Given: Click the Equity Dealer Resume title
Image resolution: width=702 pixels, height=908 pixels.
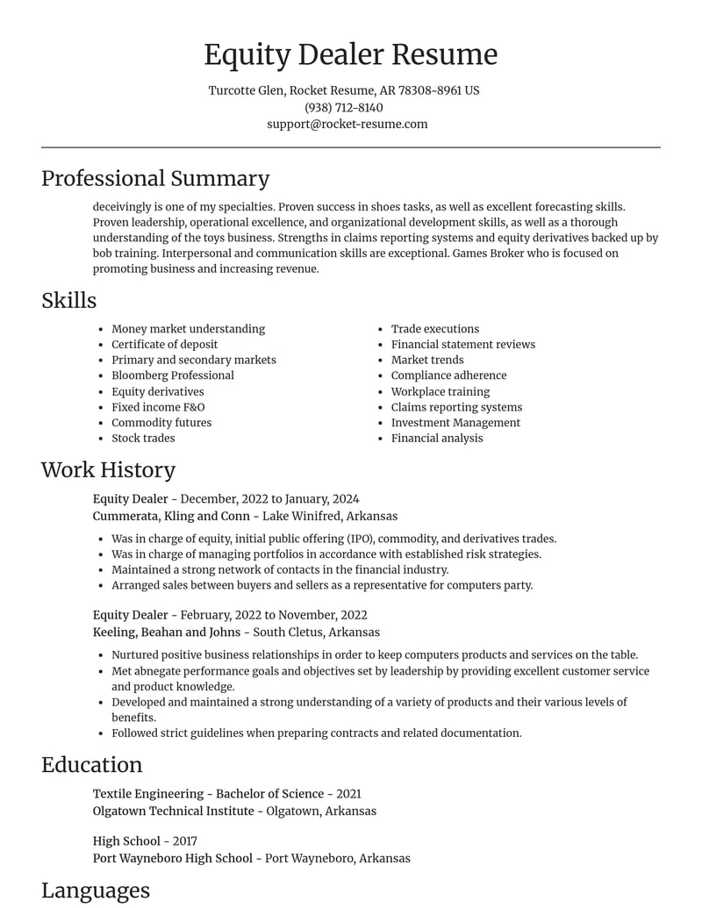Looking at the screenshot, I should (x=351, y=54).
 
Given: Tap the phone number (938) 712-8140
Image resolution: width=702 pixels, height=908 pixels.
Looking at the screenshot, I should (x=344, y=107).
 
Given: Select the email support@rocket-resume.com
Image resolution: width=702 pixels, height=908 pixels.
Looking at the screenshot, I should (x=347, y=124).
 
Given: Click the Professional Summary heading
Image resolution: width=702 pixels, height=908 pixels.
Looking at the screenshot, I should (x=155, y=178).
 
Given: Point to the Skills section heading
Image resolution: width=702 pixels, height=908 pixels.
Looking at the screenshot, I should (x=68, y=300).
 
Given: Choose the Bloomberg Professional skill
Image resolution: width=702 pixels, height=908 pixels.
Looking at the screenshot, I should (x=173, y=375).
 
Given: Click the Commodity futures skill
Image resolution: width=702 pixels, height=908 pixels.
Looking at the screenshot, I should (x=161, y=422).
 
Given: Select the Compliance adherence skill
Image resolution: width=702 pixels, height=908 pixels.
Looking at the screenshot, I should (x=448, y=375).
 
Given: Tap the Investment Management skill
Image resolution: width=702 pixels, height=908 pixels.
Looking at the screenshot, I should (x=455, y=422).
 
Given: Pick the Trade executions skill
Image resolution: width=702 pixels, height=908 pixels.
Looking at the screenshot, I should (x=435, y=329).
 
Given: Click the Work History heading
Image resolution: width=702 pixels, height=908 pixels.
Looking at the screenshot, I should (x=108, y=469).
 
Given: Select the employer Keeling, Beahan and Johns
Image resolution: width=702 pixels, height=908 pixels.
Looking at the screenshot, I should (x=167, y=632).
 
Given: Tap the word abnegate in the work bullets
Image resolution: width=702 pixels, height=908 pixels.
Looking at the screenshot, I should (x=162, y=670).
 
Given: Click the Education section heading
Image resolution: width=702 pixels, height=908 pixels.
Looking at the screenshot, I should (x=91, y=764).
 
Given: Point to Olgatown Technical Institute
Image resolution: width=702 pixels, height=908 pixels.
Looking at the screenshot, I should (x=173, y=811).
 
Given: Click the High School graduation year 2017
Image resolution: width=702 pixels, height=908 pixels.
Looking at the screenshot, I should (x=185, y=840).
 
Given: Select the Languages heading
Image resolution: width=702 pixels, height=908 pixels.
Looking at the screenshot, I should (x=96, y=890).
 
